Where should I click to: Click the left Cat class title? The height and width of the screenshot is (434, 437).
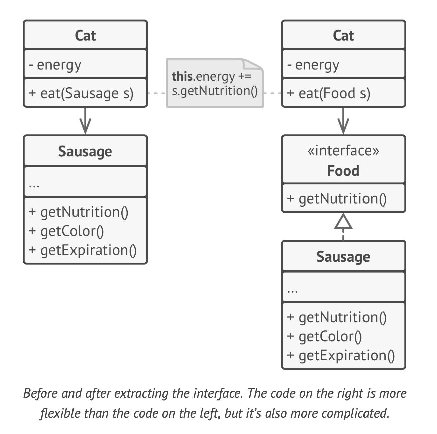coord(85,35)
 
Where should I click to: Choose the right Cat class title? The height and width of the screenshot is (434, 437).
coord(343,35)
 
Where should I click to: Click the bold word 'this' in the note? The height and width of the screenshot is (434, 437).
coord(182,76)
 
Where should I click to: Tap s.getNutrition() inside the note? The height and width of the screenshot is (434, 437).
coord(215,91)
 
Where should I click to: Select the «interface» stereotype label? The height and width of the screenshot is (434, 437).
coord(343,151)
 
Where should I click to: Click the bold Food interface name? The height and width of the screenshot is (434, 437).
coord(343,171)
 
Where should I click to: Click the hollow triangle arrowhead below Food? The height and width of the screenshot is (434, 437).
coord(343,222)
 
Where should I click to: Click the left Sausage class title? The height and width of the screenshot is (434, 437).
coord(85,151)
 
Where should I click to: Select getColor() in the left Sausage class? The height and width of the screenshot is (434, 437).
coord(72,231)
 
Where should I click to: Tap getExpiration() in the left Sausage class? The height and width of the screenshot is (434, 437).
coord(88,250)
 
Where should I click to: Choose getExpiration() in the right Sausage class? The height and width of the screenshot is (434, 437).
coord(346,355)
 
